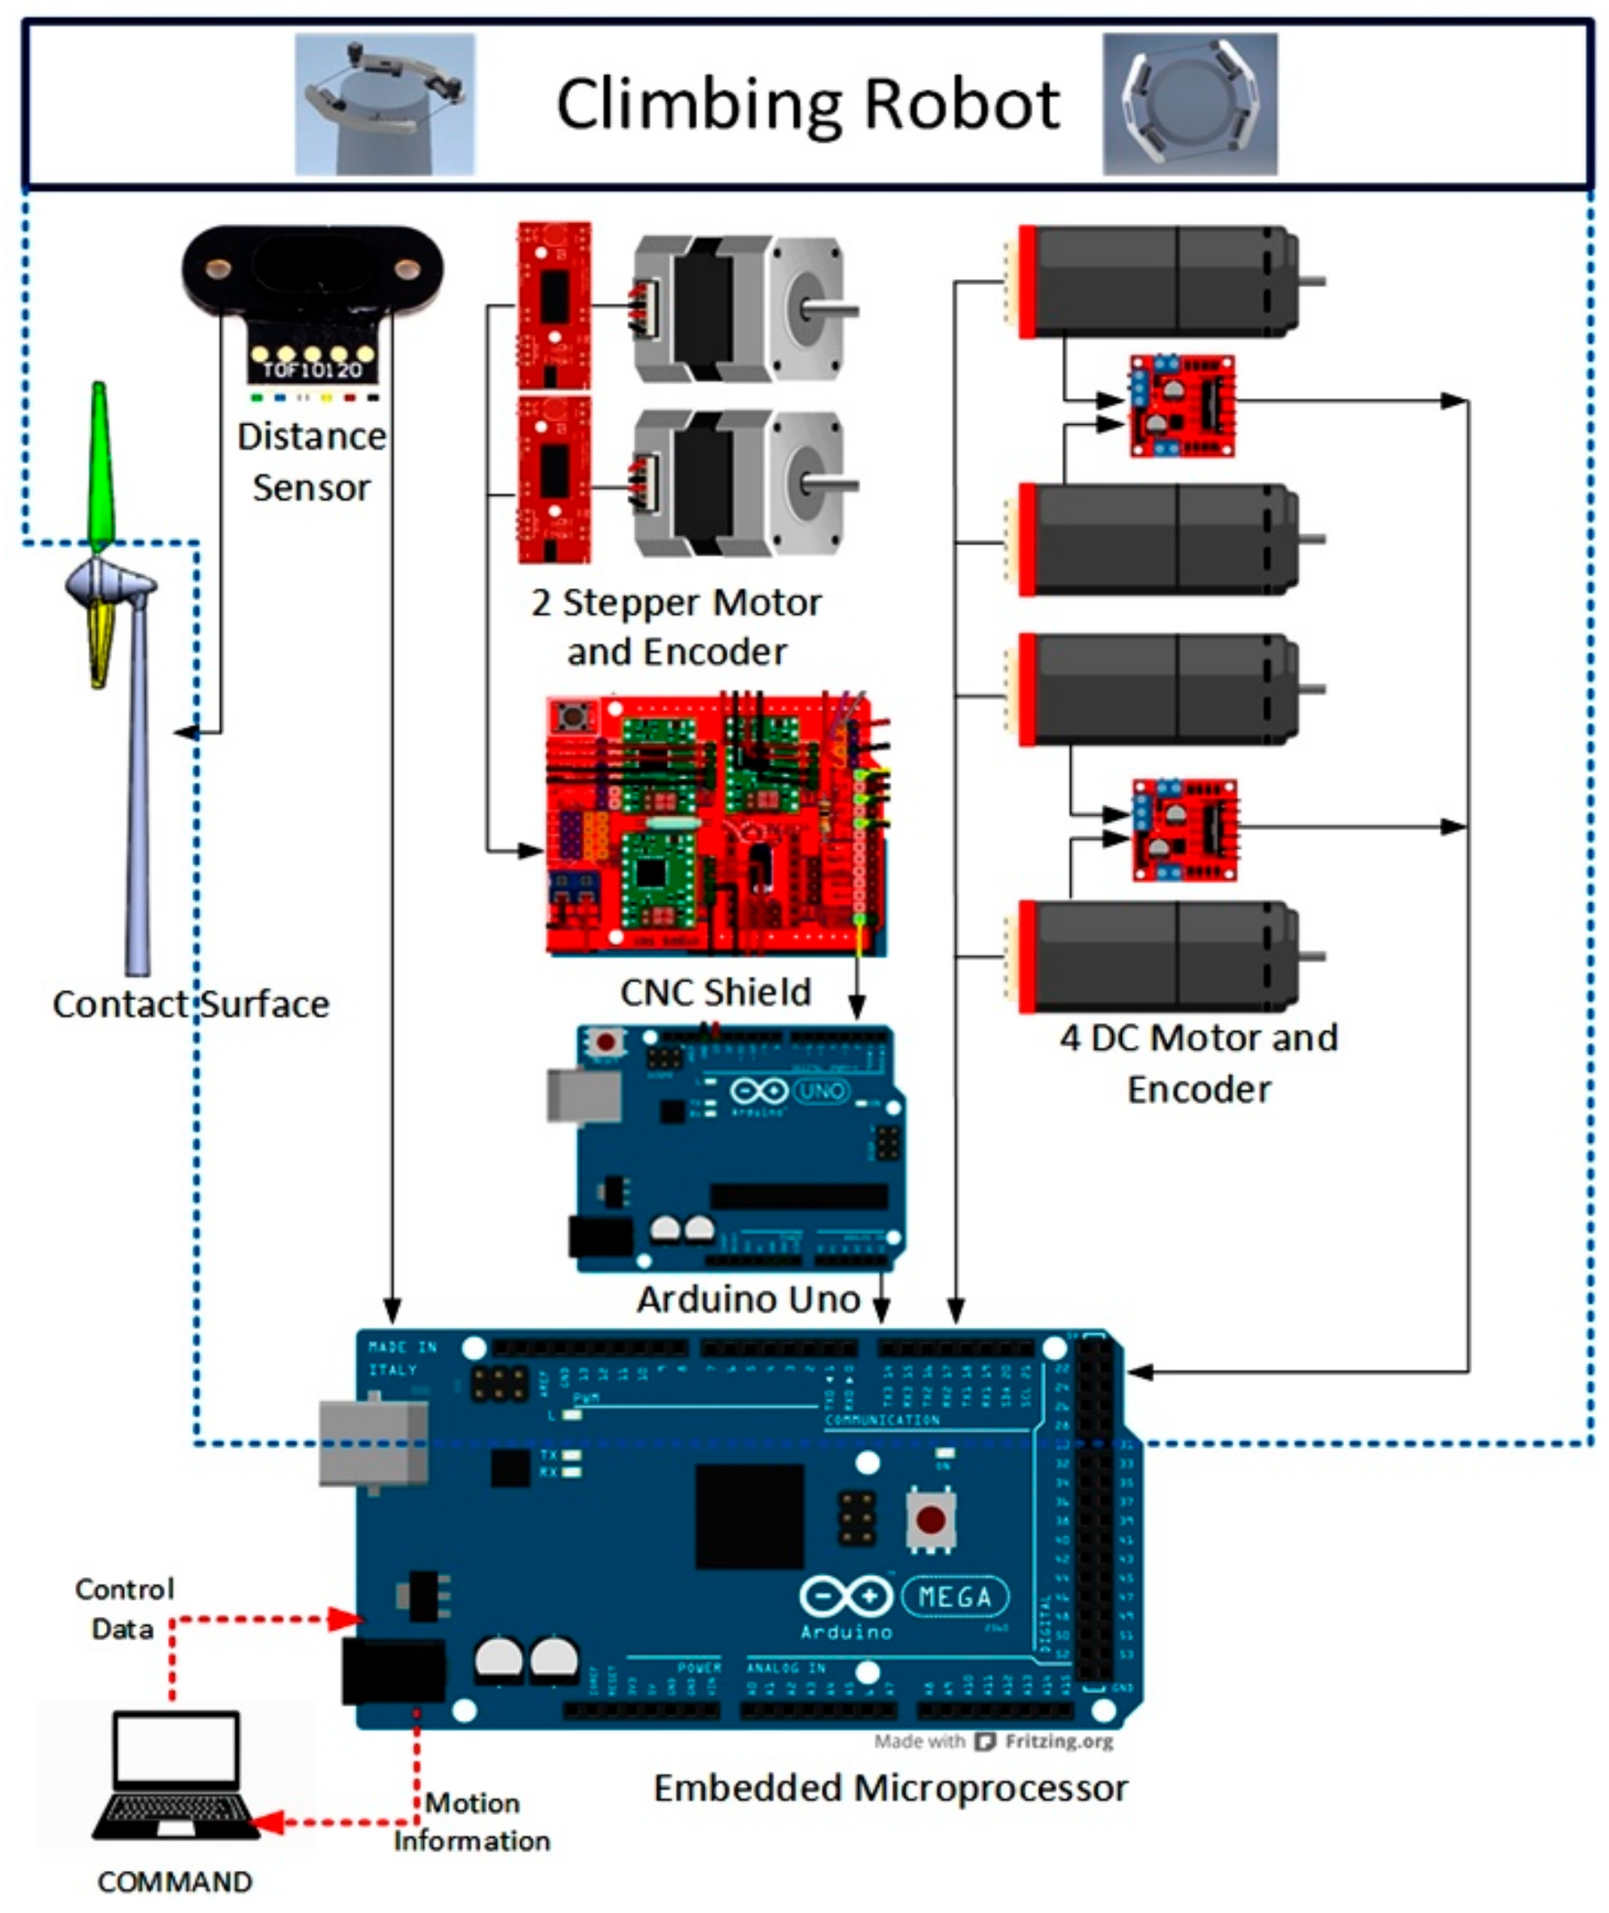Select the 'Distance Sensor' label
point(312,461)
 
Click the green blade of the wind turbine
point(100,465)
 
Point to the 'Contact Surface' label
point(191,1004)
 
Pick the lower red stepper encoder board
point(554,480)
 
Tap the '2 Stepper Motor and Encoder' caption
point(676,627)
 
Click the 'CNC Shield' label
point(715,992)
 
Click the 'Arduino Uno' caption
point(748,1300)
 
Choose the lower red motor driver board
point(1185,829)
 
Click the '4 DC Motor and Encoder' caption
point(1199,1063)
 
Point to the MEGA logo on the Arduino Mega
point(955,1597)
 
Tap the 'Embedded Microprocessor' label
point(890,1788)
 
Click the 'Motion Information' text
point(472,1822)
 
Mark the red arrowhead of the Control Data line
point(347,1619)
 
